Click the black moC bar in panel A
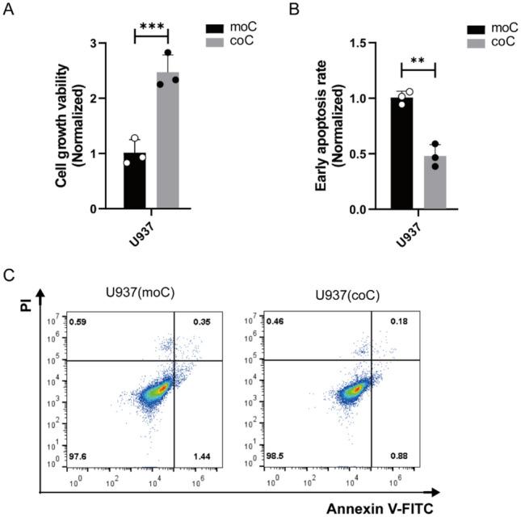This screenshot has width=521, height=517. (135, 181)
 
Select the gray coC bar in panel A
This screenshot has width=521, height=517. (167, 141)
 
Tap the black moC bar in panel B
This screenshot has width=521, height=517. (401, 153)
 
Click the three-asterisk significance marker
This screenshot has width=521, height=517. (151, 27)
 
